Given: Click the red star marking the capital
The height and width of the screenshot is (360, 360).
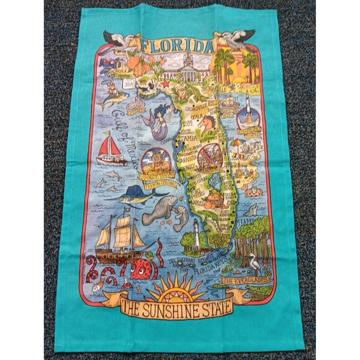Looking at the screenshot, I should coord(164,83).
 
